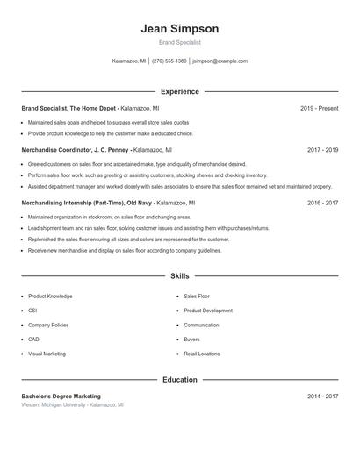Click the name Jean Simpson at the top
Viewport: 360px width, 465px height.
[179, 29]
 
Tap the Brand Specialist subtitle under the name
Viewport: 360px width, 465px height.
[179, 42]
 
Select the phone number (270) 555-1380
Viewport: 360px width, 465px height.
[169, 61]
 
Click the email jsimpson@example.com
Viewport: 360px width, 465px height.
[220, 61]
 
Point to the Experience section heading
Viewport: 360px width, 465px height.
[179, 91]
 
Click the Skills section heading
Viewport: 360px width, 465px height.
[179, 276]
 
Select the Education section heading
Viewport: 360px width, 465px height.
[179, 380]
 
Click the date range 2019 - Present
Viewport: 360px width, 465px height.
[319, 108]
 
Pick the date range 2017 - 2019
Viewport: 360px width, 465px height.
[322, 150]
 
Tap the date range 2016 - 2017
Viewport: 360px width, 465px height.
[322, 203]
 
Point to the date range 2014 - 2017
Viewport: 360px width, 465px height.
[322, 397]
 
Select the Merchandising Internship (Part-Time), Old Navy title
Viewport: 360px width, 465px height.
[87, 203]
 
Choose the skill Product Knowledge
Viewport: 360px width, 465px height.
[50, 297]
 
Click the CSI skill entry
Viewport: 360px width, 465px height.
[32, 311]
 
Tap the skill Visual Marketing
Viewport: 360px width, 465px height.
[47, 354]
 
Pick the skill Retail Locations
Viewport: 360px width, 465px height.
[202, 354]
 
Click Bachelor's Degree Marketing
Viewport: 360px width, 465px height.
[61, 397]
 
